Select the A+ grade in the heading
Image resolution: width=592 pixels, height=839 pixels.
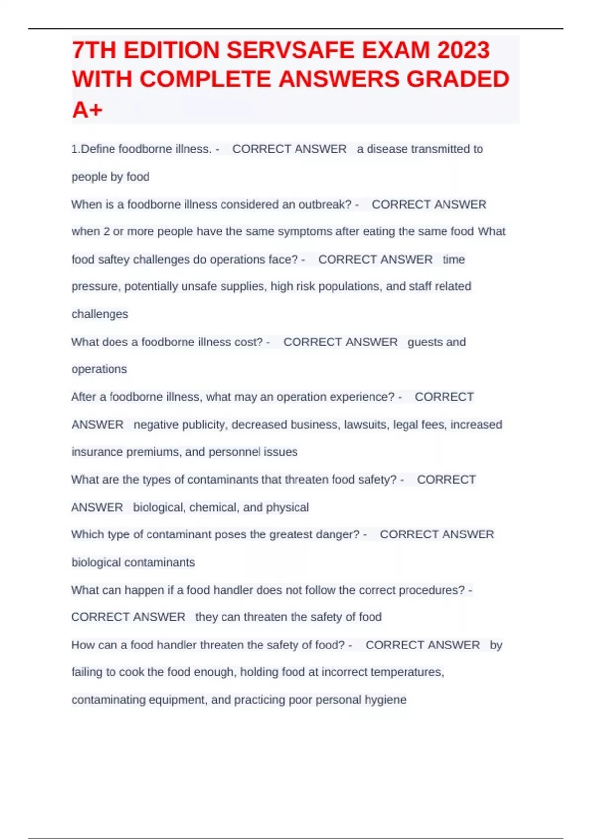click(87, 109)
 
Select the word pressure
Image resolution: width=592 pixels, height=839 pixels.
click(96, 286)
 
